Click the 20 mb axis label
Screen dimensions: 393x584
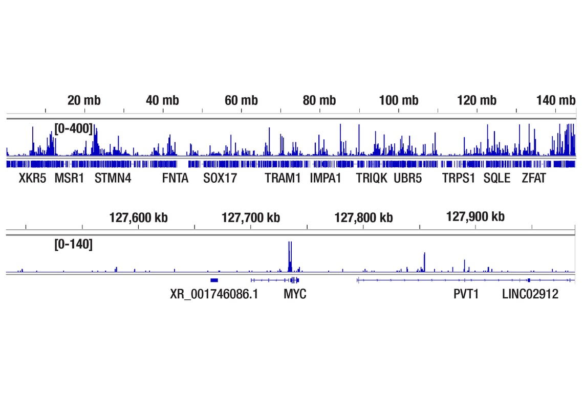tap(84, 100)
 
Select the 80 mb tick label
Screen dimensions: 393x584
tap(319, 100)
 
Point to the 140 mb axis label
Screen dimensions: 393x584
tap(556, 100)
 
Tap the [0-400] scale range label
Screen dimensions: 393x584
tap(74, 128)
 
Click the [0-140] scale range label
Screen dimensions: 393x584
tap(74, 245)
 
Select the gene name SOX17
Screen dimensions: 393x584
tap(220, 178)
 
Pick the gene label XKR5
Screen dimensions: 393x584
tap(33, 178)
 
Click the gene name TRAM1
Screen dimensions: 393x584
tap(283, 178)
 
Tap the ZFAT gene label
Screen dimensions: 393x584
tap(534, 178)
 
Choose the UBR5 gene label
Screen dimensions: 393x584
tap(408, 178)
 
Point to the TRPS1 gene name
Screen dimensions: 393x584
tap(459, 178)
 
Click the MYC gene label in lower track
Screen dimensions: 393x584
tap(295, 294)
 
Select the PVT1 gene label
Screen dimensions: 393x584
tap(466, 294)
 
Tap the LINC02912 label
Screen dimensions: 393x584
tap(530, 294)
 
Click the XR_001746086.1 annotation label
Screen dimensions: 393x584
tap(214, 294)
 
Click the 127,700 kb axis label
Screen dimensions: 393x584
tap(251, 217)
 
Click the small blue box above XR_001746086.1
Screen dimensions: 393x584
tap(214, 280)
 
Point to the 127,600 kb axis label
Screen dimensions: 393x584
tap(138, 217)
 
